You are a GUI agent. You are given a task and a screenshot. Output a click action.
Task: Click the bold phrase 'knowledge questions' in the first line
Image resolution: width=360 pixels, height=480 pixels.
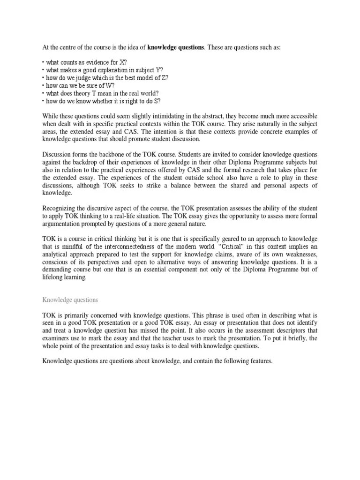176,47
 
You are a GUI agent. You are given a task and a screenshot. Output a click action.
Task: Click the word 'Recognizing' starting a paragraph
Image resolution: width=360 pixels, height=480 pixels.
61,208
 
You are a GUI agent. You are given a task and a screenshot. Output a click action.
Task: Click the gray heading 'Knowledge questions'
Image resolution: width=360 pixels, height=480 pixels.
70,299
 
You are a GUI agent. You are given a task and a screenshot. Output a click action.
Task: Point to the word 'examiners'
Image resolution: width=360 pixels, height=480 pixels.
60,338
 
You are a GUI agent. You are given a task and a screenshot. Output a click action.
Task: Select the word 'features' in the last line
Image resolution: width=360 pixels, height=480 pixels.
258,361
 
